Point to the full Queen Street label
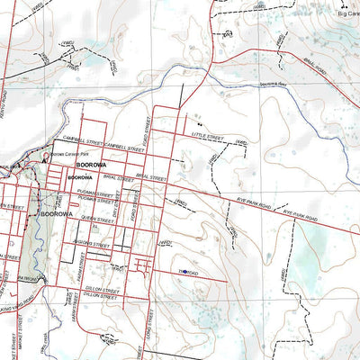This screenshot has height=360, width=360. click(96, 219)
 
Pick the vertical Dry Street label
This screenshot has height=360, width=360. click(116, 208)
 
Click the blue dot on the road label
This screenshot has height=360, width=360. click(183, 270)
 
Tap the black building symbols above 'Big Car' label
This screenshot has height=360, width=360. click(346, 4)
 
